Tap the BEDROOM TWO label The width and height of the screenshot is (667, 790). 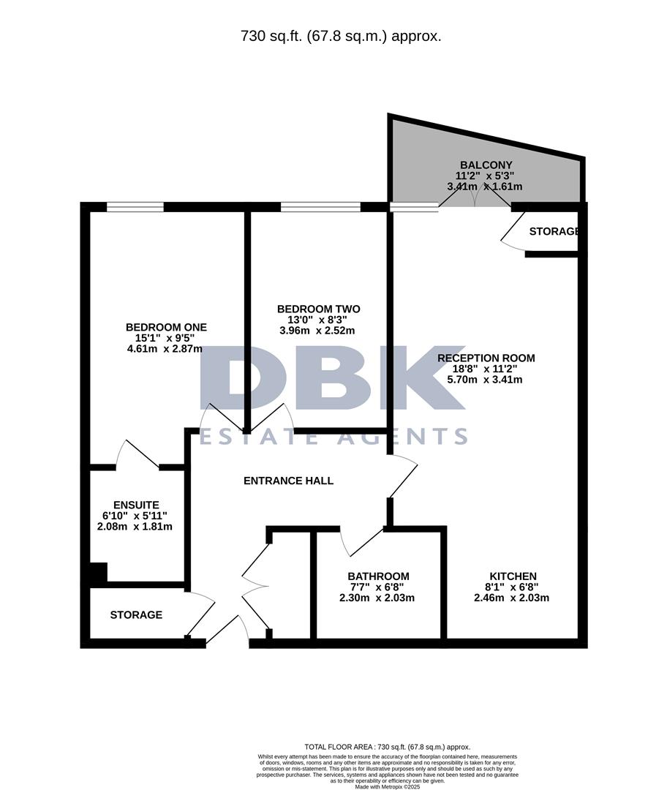click(x=318, y=309)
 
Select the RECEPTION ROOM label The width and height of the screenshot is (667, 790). click(x=486, y=358)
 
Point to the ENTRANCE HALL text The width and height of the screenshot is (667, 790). click(x=288, y=481)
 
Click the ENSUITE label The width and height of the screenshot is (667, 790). click(x=136, y=505)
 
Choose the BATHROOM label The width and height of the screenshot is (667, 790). click(x=378, y=576)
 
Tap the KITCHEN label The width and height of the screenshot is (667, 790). click(x=512, y=576)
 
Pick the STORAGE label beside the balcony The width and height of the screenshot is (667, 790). click(x=554, y=232)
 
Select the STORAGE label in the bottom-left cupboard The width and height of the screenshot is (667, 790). click(x=136, y=615)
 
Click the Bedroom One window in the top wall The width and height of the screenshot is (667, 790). click(x=135, y=207)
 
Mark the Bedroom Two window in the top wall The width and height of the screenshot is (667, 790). click(x=320, y=207)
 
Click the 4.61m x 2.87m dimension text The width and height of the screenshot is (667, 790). click(x=165, y=349)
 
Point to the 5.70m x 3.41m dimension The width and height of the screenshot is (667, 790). click(x=486, y=380)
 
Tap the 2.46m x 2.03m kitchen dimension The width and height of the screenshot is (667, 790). click(x=511, y=598)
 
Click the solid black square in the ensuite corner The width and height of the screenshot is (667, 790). click(x=97, y=572)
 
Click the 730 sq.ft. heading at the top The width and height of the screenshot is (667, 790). click(x=341, y=35)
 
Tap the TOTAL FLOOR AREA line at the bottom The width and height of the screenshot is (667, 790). click(x=387, y=747)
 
